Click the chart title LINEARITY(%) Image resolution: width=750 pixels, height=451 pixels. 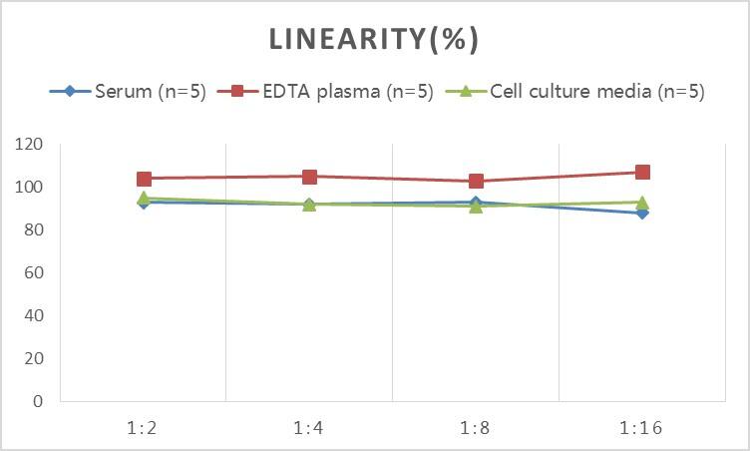click(x=375, y=39)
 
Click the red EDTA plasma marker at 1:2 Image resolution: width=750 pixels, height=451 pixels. click(x=144, y=179)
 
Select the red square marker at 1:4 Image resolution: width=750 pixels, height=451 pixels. click(x=309, y=177)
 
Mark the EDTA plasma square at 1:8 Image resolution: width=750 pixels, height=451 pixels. click(x=476, y=181)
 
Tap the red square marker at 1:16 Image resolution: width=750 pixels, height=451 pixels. click(x=642, y=173)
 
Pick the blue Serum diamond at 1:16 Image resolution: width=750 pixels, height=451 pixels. click(x=642, y=213)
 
